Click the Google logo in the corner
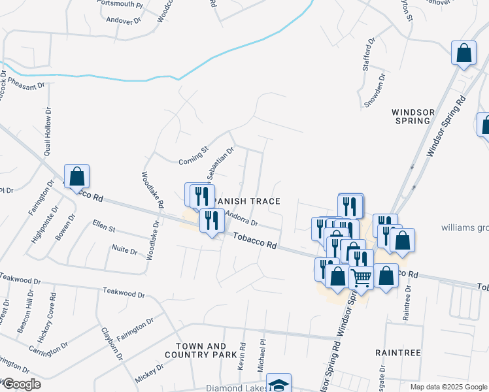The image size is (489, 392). (x=21, y=384)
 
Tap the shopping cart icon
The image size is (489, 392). (x=361, y=278)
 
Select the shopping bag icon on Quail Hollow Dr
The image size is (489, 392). (x=76, y=176)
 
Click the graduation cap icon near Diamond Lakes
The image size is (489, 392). (x=279, y=385)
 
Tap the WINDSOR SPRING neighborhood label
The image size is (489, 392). (x=411, y=116)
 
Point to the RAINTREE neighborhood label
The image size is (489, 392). (x=397, y=352)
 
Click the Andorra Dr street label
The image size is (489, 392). (x=242, y=217)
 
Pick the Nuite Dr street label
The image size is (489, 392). (x=124, y=250)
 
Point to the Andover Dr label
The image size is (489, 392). (x=124, y=20)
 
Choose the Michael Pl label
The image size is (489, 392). (x=262, y=355)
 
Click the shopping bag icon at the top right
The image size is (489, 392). (x=464, y=54)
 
